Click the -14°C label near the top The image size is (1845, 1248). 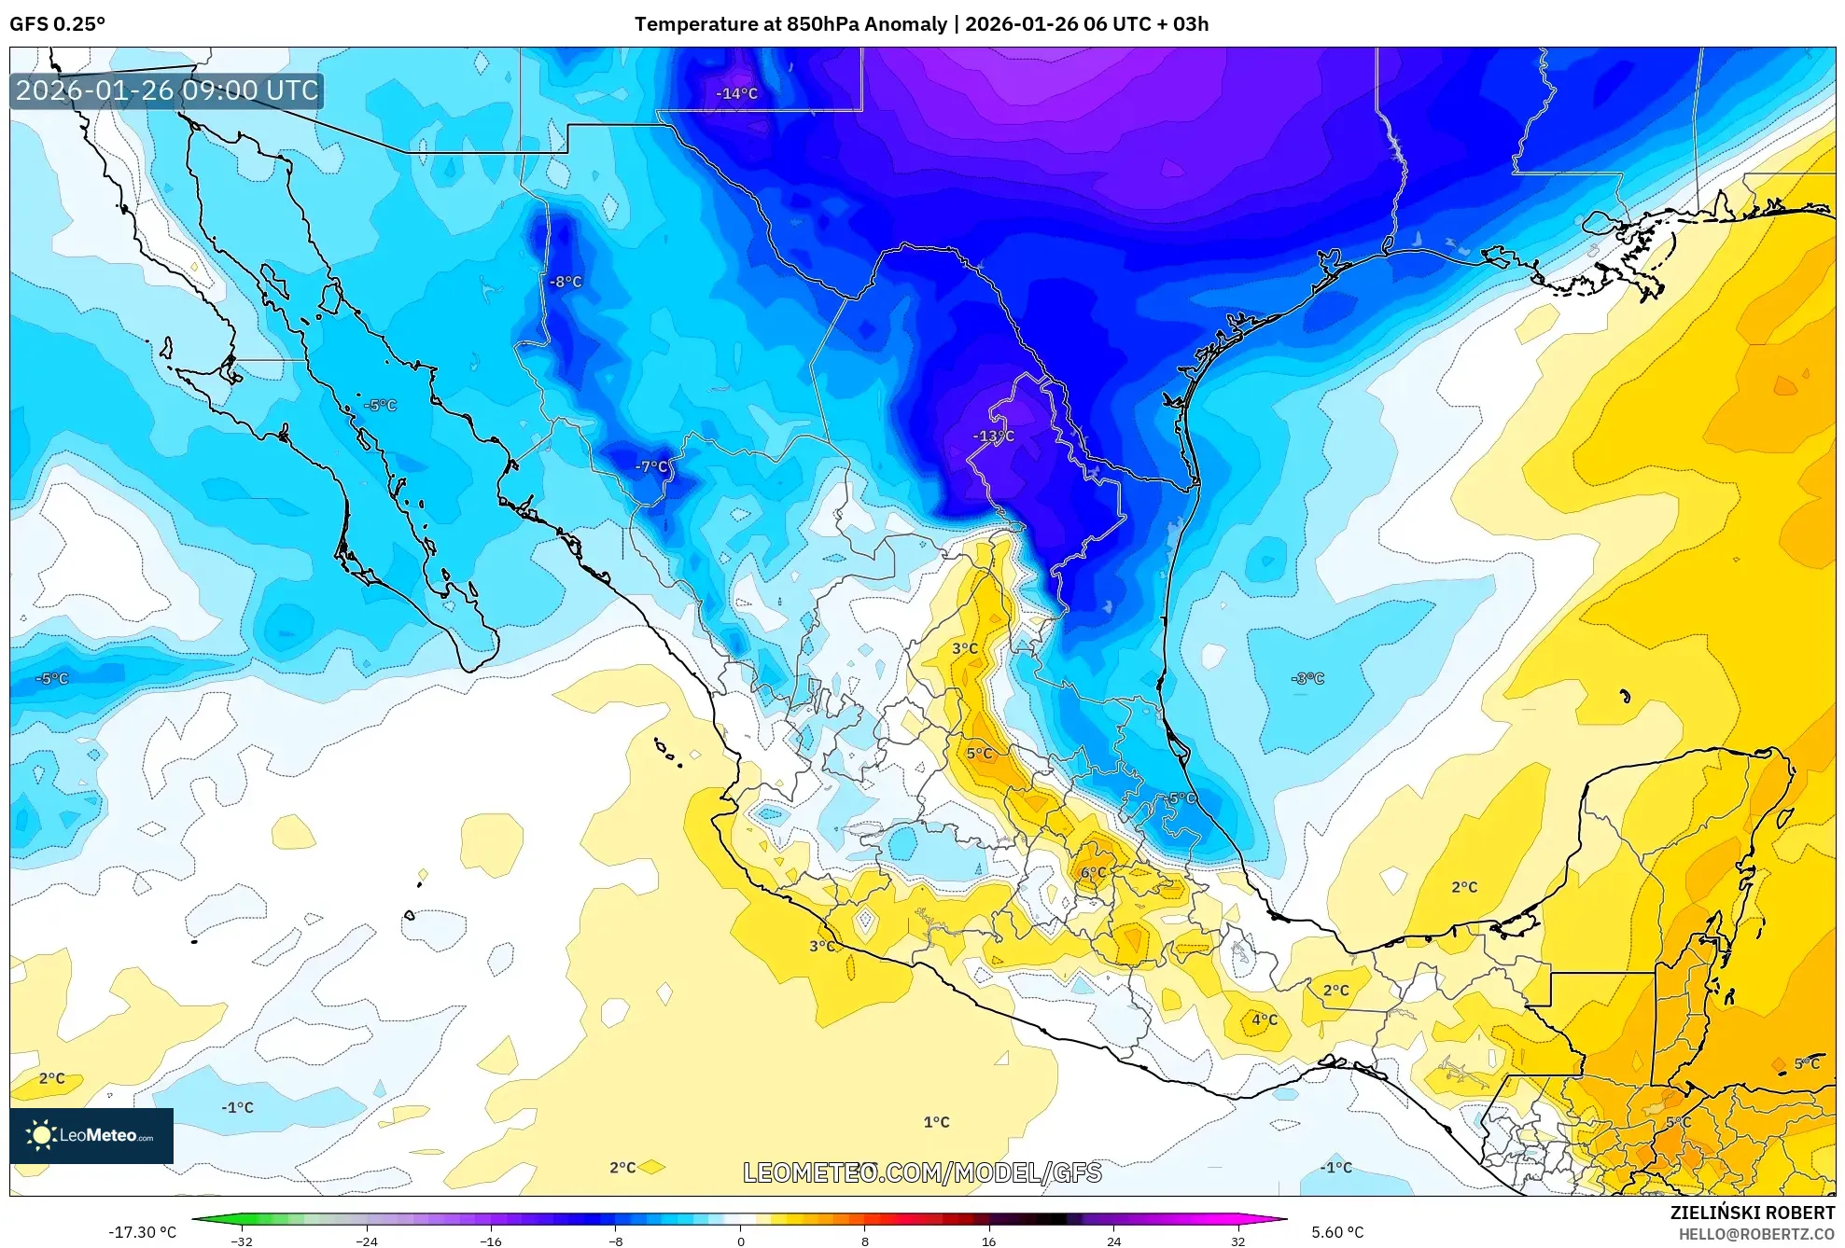coord(736,93)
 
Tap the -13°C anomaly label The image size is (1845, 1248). coord(993,436)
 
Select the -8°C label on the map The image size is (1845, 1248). coord(566,282)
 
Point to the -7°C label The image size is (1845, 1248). coord(651,466)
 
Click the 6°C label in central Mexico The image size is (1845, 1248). coord(1093,873)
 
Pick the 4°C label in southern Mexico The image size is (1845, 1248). coord(1265,1019)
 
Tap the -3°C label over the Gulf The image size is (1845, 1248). coord(1307,678)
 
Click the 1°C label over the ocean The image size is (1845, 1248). coord(936,1122)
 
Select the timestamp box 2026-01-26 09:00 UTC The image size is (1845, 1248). coord(167,90)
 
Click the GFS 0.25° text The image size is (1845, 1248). coord(58,24)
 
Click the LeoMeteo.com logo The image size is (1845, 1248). coord(91,1135)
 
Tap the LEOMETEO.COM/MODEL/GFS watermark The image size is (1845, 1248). coord(922,1172)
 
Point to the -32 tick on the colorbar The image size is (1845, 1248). coord(242,1241)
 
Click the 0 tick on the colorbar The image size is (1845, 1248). coord(740,1241)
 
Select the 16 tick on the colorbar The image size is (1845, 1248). coord(989,1241)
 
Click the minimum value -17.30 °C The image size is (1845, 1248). coord(142,1232)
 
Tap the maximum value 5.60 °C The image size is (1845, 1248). coord(1337,1232)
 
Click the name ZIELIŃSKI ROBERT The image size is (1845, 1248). coord(1752,1213)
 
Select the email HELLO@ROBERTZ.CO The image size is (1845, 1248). coord(1756,1235)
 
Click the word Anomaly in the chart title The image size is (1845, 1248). coord(904,24)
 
